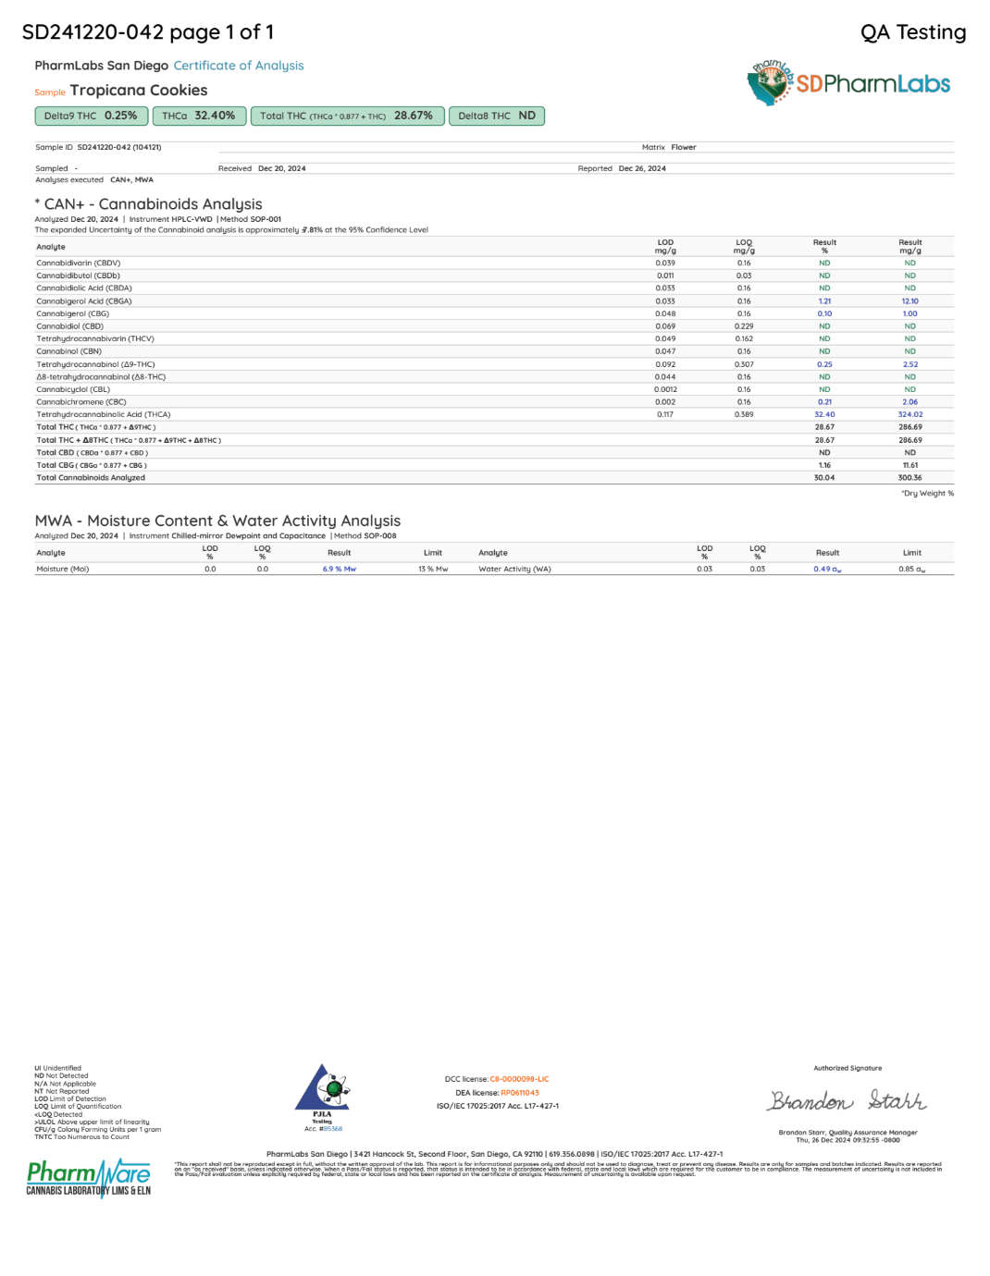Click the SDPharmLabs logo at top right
(848, 83)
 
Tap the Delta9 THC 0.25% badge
(91, 116)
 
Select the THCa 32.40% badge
(199, 116)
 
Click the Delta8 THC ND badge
(497, 116)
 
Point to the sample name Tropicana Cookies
(139, 91)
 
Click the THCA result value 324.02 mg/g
(910, 414)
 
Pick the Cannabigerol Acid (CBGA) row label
(84, 301)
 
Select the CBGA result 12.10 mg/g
(910, 301)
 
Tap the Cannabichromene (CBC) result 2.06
(910, 402)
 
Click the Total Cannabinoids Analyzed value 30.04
(824, 478)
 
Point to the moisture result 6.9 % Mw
(340, 570)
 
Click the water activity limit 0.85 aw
(911, 570)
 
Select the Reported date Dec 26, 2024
(642, 168)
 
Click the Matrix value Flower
(684, 147)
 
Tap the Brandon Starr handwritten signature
(847, 1101)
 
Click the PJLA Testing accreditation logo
(322, 1091)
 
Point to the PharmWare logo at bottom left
(89, 1177)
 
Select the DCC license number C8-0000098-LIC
(519, 1079)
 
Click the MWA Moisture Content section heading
(217, 521)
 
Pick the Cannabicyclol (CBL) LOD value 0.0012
(665, 389)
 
